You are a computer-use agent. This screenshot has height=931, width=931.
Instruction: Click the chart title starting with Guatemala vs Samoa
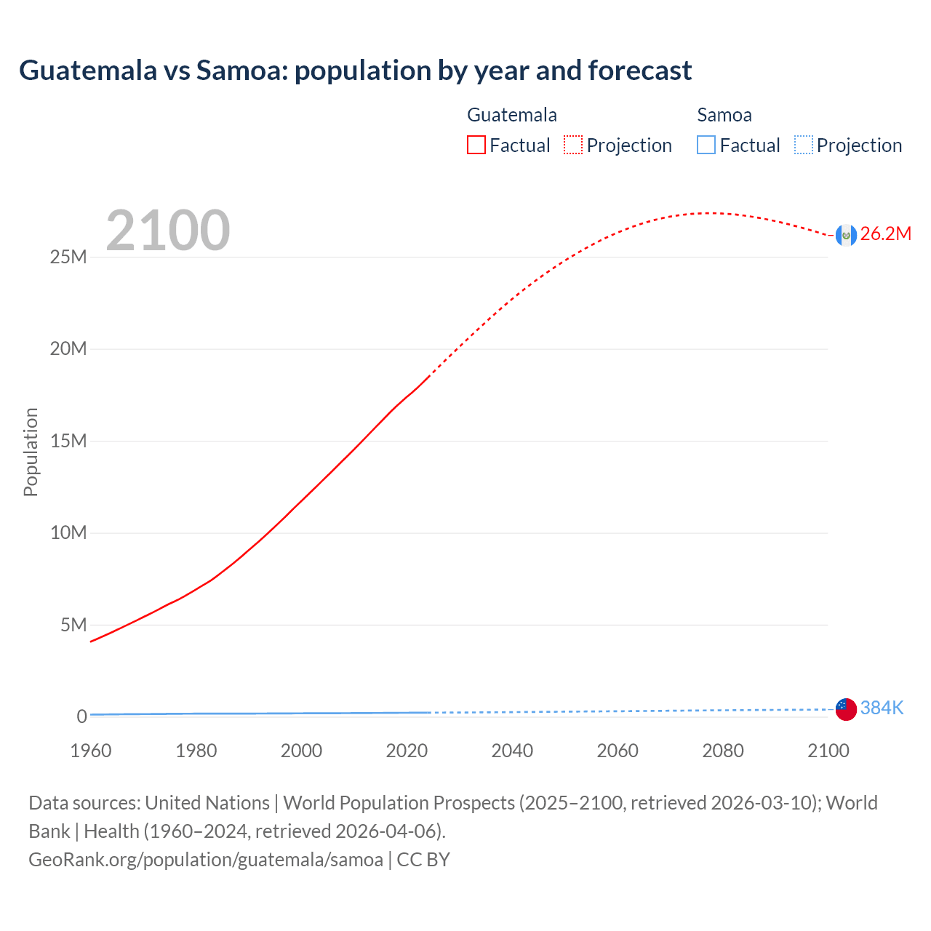click(355, 71)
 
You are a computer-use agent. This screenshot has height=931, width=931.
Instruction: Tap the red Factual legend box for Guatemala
click(476, 145)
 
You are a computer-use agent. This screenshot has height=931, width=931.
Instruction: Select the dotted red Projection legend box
click(573, 145)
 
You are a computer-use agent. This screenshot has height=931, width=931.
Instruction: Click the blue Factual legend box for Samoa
click(706, 145)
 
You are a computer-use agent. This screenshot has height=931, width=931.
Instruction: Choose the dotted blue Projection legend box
click(804, 145)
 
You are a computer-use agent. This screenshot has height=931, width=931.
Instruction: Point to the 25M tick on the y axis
click(68, 257)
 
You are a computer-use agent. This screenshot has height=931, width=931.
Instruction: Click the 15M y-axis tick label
click(68, 441)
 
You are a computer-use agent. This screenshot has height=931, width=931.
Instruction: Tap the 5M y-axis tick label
click(73, 625)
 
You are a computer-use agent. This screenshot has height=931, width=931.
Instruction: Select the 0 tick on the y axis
click(81, 716)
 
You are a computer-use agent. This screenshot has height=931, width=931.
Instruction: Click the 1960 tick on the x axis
click(91, 751)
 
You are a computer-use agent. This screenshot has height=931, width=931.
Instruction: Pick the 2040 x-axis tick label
click(512, 751)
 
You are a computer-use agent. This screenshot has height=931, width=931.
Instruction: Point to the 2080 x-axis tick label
click(723, 751)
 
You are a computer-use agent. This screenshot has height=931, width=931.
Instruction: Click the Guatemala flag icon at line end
click(846, 235)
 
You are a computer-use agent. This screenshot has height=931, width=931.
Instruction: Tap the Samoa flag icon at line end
click(846, 708)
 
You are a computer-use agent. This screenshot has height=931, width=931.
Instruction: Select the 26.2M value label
click(885, 234)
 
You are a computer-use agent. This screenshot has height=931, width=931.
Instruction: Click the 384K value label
click(882, 708)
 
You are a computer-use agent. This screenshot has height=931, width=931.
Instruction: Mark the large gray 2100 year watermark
click(168, 231)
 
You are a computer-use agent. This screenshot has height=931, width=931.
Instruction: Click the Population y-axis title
click(31, 452)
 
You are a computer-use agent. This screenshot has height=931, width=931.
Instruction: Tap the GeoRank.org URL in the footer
click(206, 860)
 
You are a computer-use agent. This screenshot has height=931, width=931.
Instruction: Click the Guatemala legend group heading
click(511, 115)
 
